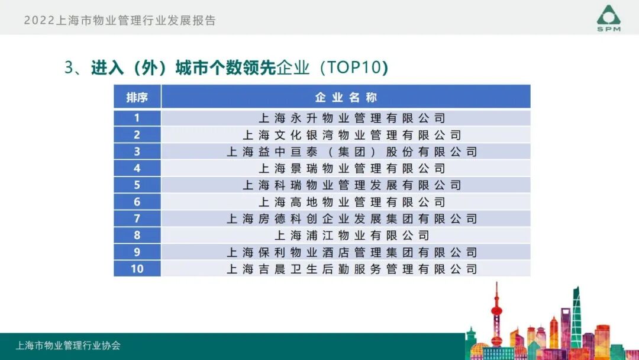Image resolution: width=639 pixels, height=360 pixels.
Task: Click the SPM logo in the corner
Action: [608, 18]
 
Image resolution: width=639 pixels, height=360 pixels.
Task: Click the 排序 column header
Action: [137, 97]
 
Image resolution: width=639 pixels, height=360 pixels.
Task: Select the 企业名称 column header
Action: [346, 97]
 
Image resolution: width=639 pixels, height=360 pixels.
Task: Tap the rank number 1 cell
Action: [137, 118]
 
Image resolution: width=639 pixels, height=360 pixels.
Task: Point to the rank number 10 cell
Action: [137, 269]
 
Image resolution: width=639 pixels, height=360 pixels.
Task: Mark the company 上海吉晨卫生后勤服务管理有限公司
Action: [351, 269]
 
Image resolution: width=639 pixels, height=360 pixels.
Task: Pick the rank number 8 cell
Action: [137, 236]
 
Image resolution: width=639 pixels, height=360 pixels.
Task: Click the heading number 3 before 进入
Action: [68, 67]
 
